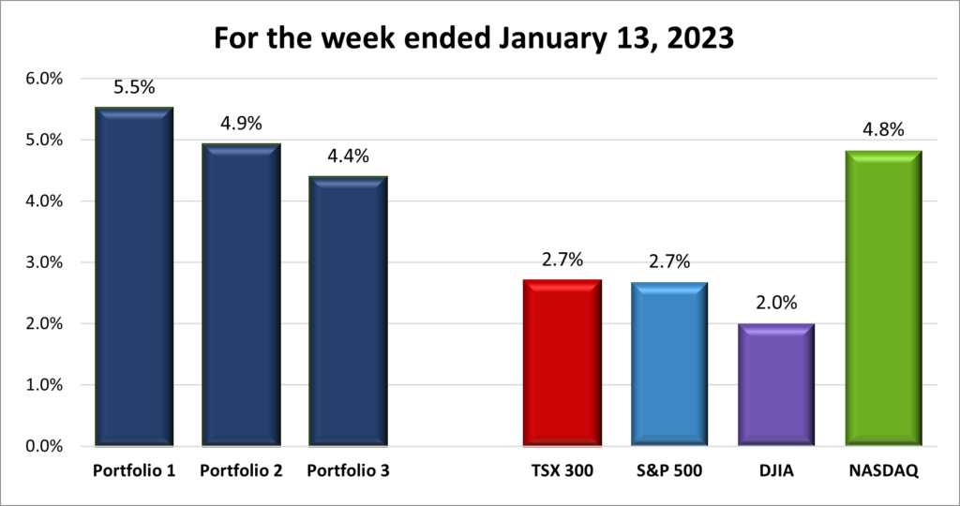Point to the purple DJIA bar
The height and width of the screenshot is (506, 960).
(776, 384)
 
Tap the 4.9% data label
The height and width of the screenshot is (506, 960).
(241, 125)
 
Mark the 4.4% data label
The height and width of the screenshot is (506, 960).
(348, 156)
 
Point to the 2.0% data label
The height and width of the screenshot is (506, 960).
(776, 305)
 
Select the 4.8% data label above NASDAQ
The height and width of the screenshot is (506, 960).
(883, 130)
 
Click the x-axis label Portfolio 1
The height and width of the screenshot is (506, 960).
(134, 471)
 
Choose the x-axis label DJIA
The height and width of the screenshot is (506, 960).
(776, 471)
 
